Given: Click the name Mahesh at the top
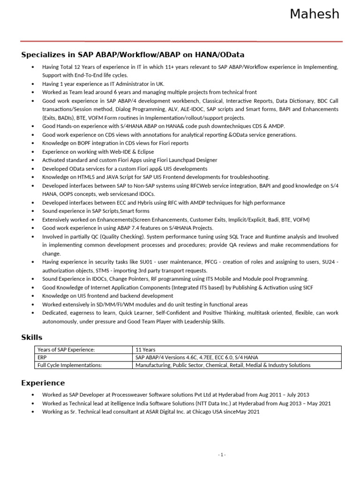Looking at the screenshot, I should click(x=314, y=15).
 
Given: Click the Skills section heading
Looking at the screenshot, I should click(x=32, y=337).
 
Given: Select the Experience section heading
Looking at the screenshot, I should click(x=43, y=382).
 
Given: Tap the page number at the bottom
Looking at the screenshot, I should click(x=222, y=454).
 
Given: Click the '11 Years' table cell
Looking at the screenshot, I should click(x=146, y=350).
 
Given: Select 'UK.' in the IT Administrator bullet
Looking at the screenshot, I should click(x=147, y=84).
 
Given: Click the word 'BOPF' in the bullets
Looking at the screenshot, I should click(x=81, y=143).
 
